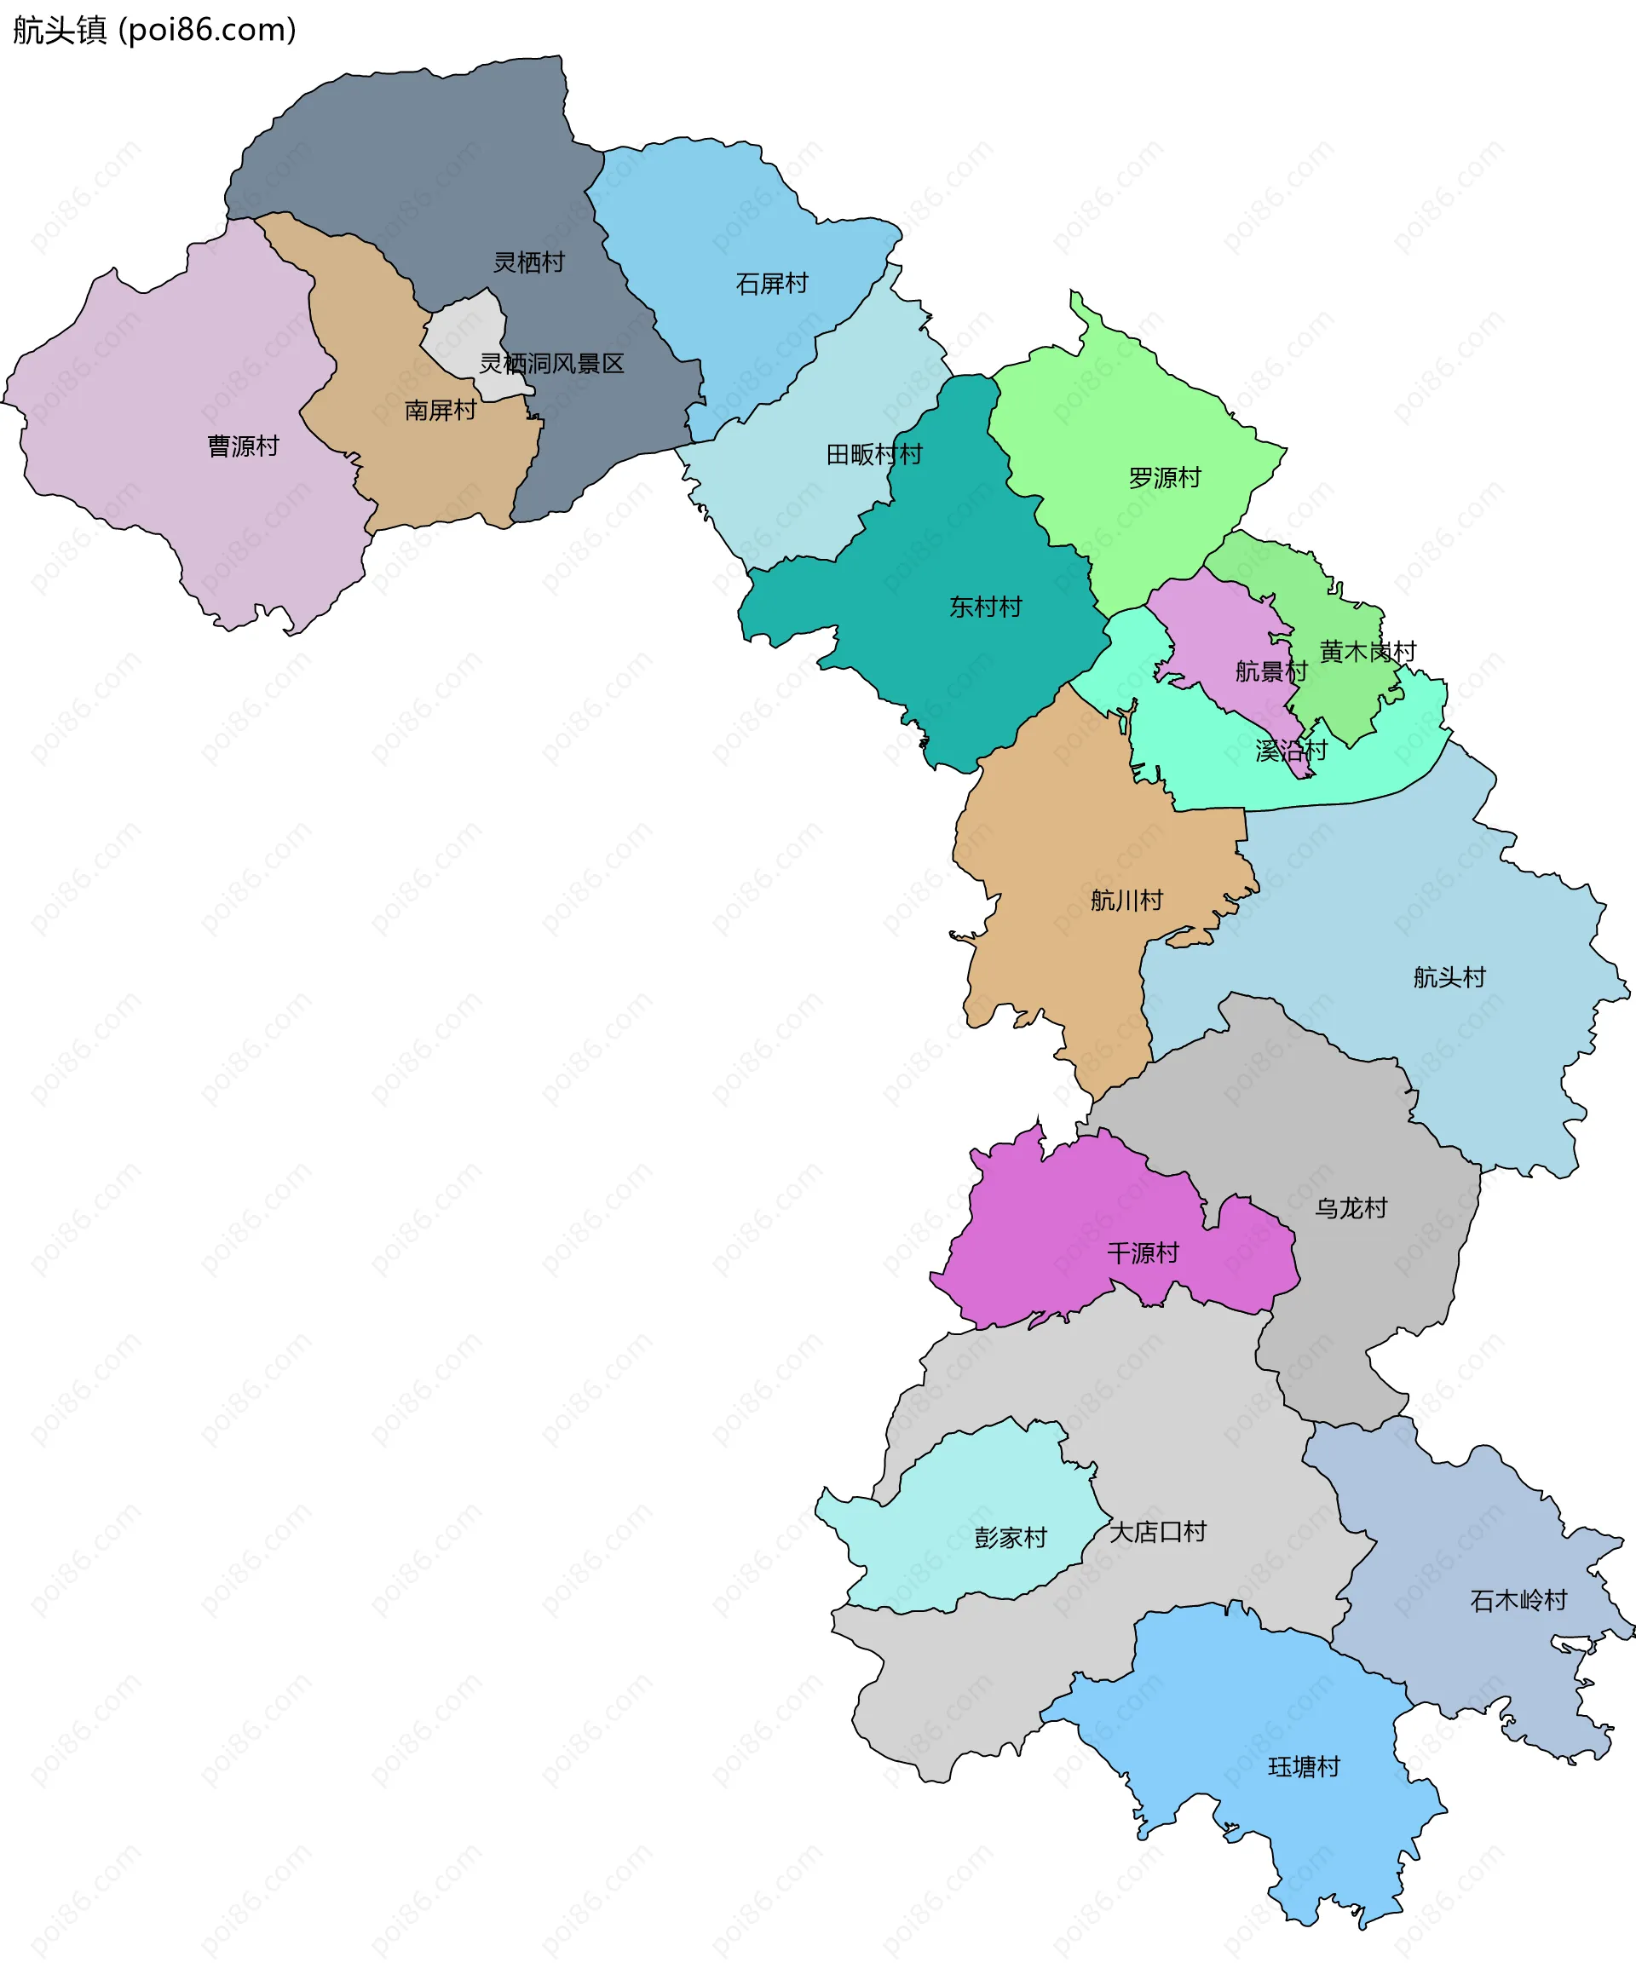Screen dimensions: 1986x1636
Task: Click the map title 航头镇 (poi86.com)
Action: pos(154,30)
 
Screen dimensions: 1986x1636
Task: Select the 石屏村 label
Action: pos(772,284)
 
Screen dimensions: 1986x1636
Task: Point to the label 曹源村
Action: pos(243,446)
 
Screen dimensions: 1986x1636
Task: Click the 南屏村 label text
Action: pos(440,410)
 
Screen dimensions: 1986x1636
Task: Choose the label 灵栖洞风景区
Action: pos(551,364)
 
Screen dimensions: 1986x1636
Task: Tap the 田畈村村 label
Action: pos(873,455)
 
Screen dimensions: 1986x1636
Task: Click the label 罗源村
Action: pos(1165,478)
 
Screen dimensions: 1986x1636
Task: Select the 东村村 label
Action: pos(985,607)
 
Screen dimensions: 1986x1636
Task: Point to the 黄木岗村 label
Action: pos(1368,651)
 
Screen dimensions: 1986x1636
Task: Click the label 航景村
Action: pos(1271,671)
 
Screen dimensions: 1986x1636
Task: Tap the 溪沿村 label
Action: pos(1291,750)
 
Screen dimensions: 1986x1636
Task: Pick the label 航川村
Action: pos(1126,900)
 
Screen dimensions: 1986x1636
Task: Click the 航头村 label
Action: pos(1449,977)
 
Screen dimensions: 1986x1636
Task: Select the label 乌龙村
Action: pos(1351,1208)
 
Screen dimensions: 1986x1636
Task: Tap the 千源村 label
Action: pos(1142,1253)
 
